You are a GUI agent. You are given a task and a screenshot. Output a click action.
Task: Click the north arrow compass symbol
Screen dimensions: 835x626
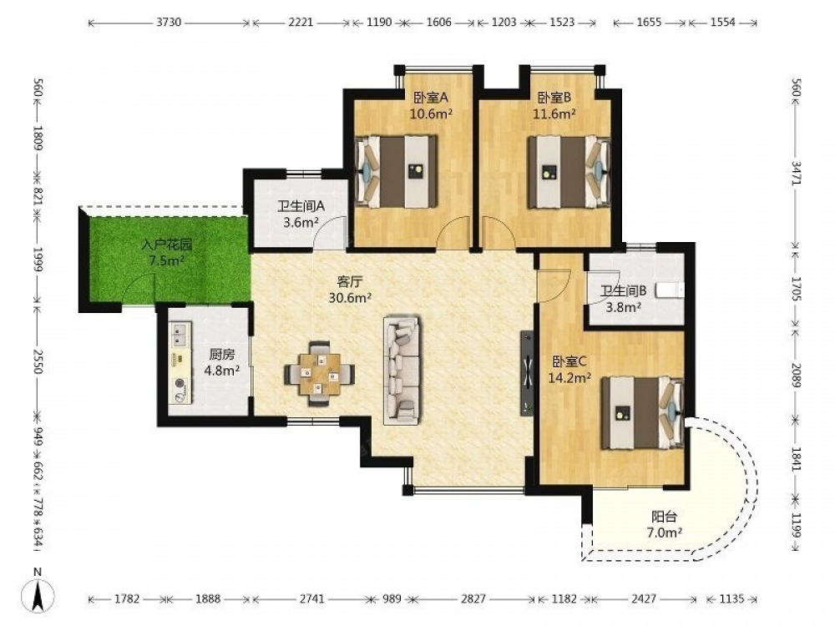[38, 593]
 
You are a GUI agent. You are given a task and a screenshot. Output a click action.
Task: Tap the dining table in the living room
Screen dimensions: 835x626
[319, 373]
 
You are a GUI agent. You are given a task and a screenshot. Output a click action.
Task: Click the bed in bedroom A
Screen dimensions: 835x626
[397, 172]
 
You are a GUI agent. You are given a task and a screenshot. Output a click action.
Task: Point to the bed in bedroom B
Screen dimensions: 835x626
[569, 172]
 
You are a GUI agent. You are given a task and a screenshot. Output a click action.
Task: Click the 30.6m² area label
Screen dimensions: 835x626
[350, 298]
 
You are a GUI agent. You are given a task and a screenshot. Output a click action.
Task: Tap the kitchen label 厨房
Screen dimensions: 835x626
[221, 354]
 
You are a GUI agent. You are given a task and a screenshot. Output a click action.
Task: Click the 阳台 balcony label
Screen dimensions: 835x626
[664, 516]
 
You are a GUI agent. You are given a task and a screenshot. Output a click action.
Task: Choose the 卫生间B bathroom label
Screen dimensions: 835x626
[624, 290]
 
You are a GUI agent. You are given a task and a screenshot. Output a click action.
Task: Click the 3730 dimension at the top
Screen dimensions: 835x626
[169, 23]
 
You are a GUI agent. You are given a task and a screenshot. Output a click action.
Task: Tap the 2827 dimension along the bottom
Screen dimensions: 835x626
[473, 598]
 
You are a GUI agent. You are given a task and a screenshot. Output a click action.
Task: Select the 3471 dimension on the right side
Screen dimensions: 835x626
[796, 173]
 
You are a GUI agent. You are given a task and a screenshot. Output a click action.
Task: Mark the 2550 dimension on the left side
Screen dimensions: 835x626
[38, 361]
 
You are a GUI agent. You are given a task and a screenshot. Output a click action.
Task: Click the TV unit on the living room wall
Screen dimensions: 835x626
[527, 372]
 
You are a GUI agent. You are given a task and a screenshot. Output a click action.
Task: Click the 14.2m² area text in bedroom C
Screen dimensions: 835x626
[569, 378]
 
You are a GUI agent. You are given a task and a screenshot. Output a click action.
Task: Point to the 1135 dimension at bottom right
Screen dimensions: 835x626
[731, 598]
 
